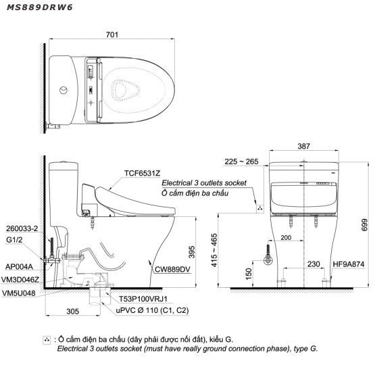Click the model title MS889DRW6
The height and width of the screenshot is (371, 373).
point(39,7)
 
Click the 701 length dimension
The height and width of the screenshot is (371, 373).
point(111,34)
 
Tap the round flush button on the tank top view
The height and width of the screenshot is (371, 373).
point(64,90)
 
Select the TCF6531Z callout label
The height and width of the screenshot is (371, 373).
point(143,173)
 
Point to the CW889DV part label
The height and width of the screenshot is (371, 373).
point(172,270)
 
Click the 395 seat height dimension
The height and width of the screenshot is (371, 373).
point(191,252)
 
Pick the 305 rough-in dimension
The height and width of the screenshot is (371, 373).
point(72,312)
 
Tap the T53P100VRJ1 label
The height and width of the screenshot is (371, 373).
point(143,299)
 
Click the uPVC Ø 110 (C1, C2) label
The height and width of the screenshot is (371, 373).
point(152,310)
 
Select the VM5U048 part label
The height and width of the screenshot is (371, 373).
point(18,293)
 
